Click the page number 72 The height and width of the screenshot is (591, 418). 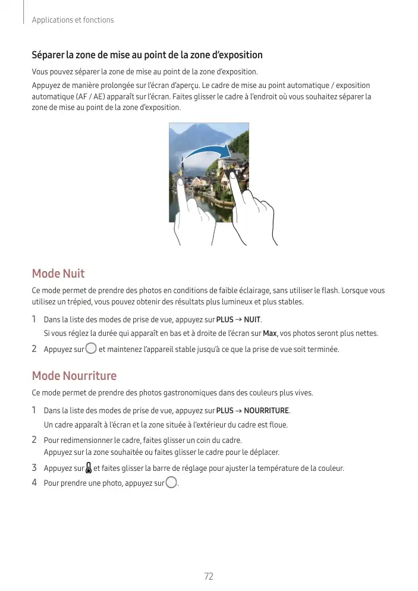tap(209, 576)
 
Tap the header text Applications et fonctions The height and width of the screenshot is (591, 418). tap(73, 20)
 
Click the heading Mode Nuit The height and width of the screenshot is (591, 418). tap(58, 274)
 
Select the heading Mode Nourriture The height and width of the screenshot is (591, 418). tap(74, 376)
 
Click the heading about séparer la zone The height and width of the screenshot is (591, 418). tap(147, 55)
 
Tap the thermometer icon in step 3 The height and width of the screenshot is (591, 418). tap(89, 467)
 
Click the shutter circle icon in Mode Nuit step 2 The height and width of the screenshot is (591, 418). tap(90, 348)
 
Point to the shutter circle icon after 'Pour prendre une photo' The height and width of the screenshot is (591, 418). tap(171, 482)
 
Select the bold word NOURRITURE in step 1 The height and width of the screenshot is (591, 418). tap(266, 411)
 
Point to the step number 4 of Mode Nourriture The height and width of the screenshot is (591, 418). tap(34, 482)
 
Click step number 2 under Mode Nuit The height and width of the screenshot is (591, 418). tap(34, 349)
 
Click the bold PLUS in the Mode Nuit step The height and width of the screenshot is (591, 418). tap(225, 320)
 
